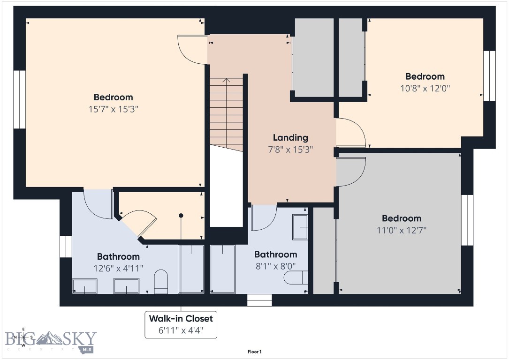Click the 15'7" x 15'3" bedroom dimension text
point(113,109)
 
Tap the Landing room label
point(290,137)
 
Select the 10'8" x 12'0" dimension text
point(425,88)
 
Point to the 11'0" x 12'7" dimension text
point(401,230)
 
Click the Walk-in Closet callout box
point(181,324)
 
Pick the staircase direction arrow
point(227,80)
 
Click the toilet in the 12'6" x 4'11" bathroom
point(161,281)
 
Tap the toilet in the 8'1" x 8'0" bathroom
point(296,277)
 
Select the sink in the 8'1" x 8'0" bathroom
point(300,227)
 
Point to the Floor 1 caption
point(254,352)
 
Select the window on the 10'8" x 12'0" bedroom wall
point(489,75)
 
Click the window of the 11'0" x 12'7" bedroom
point(467,220)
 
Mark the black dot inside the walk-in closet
point(181,216)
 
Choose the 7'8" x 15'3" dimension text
point(290,150)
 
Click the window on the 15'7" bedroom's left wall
point(19,99)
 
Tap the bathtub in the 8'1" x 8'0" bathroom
point(222,269)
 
